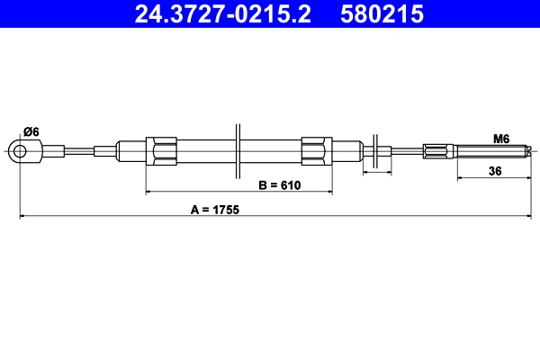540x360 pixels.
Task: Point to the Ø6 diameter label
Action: pyautogui.click(x=30, y=130)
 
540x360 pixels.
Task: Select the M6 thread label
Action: pyautogui.click(x=501, y=139)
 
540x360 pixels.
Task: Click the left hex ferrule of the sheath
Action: pyautogui.click(x=163, y=150)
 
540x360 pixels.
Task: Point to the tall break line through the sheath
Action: pyautogui.click(x=238, y=150)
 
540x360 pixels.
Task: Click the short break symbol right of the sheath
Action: pyautogui.click(x=375, y=151)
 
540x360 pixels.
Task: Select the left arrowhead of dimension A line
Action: pyautogui.click(x=23, y=217)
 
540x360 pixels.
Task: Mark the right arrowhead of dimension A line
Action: pyautogui.click(x=533, y=217)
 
